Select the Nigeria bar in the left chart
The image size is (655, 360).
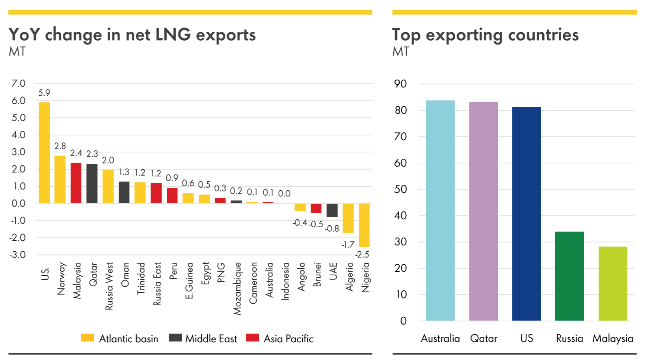(364, 225)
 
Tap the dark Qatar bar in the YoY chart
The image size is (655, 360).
(92, 184)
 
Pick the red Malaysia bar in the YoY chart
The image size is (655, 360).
(76, 183)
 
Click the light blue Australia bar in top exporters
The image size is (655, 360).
(440, 210)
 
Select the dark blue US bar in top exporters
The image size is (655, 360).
(527, 213)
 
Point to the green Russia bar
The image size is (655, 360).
(569, 276)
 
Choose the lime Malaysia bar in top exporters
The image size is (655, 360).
(613, 283)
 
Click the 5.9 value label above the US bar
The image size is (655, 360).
(44, 93)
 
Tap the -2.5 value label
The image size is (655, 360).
(362, 254)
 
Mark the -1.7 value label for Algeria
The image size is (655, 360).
(348, 245)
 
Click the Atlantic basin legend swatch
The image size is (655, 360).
(87, 338)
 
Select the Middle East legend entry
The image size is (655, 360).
(203, 338)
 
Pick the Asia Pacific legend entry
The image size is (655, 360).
(280, 338)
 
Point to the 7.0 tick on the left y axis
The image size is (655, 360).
(18, 84)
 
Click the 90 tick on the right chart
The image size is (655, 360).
(400, 84)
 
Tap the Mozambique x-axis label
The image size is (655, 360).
(237, 288)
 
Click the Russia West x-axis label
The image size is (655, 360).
(109, 286)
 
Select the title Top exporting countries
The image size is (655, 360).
(485, 35)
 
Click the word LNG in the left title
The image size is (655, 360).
(173, 35)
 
